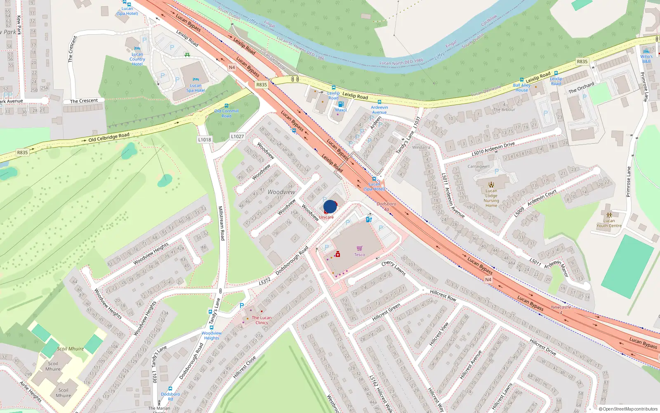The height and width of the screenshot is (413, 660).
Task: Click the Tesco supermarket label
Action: (x=359, y=255)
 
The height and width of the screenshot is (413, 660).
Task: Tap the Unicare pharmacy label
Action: (x=326, y=217)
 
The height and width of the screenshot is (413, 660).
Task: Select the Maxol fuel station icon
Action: (x=341, y=104)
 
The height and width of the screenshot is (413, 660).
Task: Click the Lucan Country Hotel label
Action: (x=137, y=59)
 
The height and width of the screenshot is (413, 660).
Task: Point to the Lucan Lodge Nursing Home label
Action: (x=491, y=198)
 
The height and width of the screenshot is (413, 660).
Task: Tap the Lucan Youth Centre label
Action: (x=609, y=223)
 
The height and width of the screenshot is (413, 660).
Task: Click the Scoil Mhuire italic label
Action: (x=71, y=349)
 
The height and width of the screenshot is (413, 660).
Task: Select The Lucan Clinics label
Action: (x=262, y=320)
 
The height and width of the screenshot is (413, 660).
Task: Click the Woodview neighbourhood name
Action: (x=281, y=192)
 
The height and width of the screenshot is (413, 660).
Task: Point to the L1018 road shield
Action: (x=205, y=140)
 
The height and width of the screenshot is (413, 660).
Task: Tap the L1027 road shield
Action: (x=238, y=136)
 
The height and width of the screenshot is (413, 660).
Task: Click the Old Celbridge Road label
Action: (x=109, y=137)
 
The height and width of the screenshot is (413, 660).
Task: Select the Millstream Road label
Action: (x=222, y=223)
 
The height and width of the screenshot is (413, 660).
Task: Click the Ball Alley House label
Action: (x=521, y=88)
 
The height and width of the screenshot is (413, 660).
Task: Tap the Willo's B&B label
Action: (x=646, y=59)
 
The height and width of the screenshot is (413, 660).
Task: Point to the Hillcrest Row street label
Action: (x=443, y=295)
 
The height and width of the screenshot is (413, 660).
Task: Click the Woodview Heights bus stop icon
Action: (x=212, y=328)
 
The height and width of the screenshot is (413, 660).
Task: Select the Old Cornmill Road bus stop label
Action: (x=226, y=114)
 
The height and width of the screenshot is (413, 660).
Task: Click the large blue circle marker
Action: (x=330, y=206)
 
